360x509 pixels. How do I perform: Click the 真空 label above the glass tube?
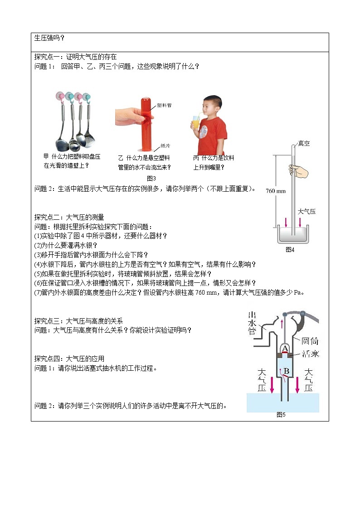304,144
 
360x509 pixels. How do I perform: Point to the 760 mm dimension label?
276,191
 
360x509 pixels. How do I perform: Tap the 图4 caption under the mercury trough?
290,249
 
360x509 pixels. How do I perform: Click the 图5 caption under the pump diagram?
281,414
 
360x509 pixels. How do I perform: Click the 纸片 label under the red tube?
165,146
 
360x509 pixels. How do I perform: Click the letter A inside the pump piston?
285,349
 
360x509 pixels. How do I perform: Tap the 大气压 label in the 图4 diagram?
306,211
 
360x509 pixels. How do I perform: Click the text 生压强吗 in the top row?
49,38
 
